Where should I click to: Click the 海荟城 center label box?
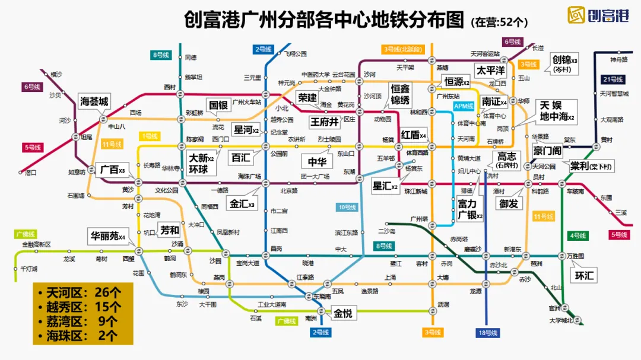[x=95, y=101]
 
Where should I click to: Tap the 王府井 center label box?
[x=325, y=122]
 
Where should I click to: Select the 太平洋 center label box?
[x=491, y=71]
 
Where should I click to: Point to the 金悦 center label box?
[x=342, y=313]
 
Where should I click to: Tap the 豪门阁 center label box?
[x=547, y=151]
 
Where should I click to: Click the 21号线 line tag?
[x=613, y=79]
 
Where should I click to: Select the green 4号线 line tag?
[x=577, y=235]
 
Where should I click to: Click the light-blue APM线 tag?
[x=464, y=106]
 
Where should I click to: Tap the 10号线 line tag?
[x=347, y=207]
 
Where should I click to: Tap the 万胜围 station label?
[x=575, y=256]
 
